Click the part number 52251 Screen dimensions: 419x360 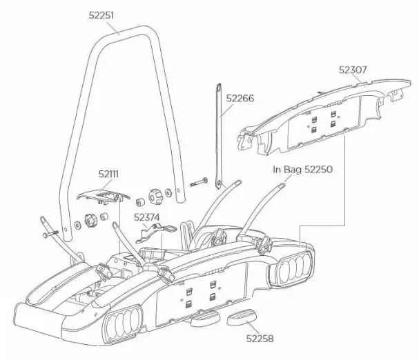pyautogui.click(x=101, y=15)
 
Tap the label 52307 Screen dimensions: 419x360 pyautogui.click(x=353, y=70)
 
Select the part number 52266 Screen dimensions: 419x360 pyautogui.click(x=240, y=99)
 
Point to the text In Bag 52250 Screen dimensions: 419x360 pyautogui.click(x=303, y=170)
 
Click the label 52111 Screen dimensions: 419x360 pyautogui.click(x=108, y=174)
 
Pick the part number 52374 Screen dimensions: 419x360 pyautogui.click(x=146, y=217)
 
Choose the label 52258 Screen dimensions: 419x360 pyautogui.click(x=260, y=339)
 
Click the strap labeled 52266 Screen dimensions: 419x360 pyautogui.click(x=219, y=136)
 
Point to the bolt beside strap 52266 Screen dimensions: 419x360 pyautogui.click(x=199, y=182)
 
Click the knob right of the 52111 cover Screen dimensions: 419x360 pyautogui.click(x=156, y=197)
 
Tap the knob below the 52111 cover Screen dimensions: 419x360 pyautogui.click(x=90, y=221)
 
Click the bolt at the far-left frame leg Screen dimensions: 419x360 pyautogui.click(x=50, y=234)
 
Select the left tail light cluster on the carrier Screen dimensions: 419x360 pyautogui.click(x=122, y=326)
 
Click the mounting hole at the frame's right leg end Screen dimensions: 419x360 pyautogui.click(x=178, y=190)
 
